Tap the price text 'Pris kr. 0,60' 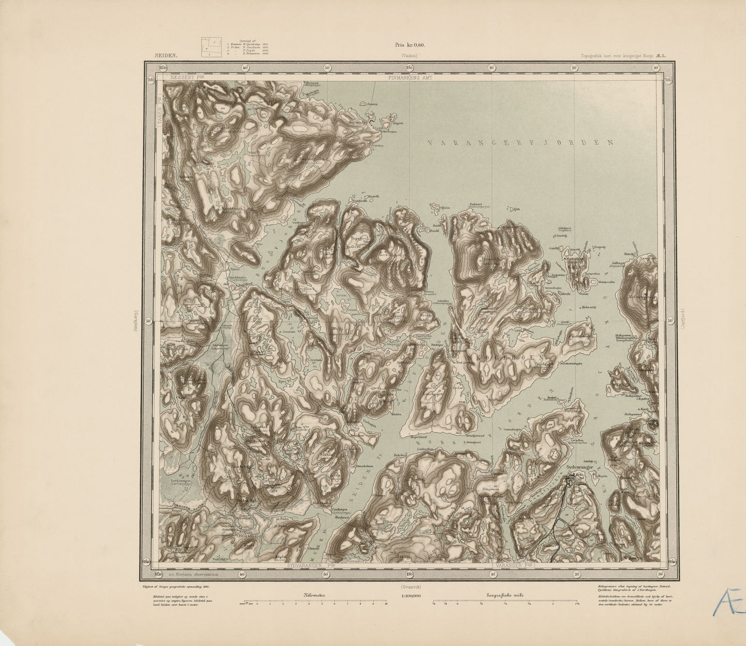pos(409,46)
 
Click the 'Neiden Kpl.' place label pos(247,500)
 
